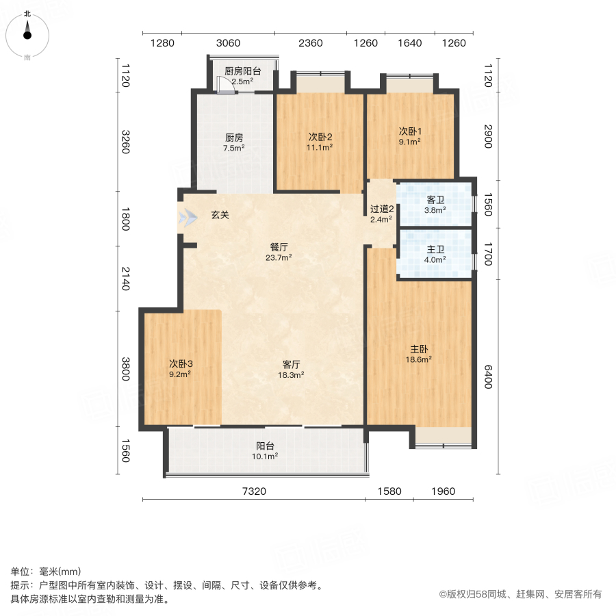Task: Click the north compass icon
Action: (x=27, y=32)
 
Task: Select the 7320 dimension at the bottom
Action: (x=253, y=491)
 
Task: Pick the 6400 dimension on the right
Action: (x=488, y=376)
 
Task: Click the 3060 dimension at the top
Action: (x=228, y=43)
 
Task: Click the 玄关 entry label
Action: (x=220, y=215)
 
